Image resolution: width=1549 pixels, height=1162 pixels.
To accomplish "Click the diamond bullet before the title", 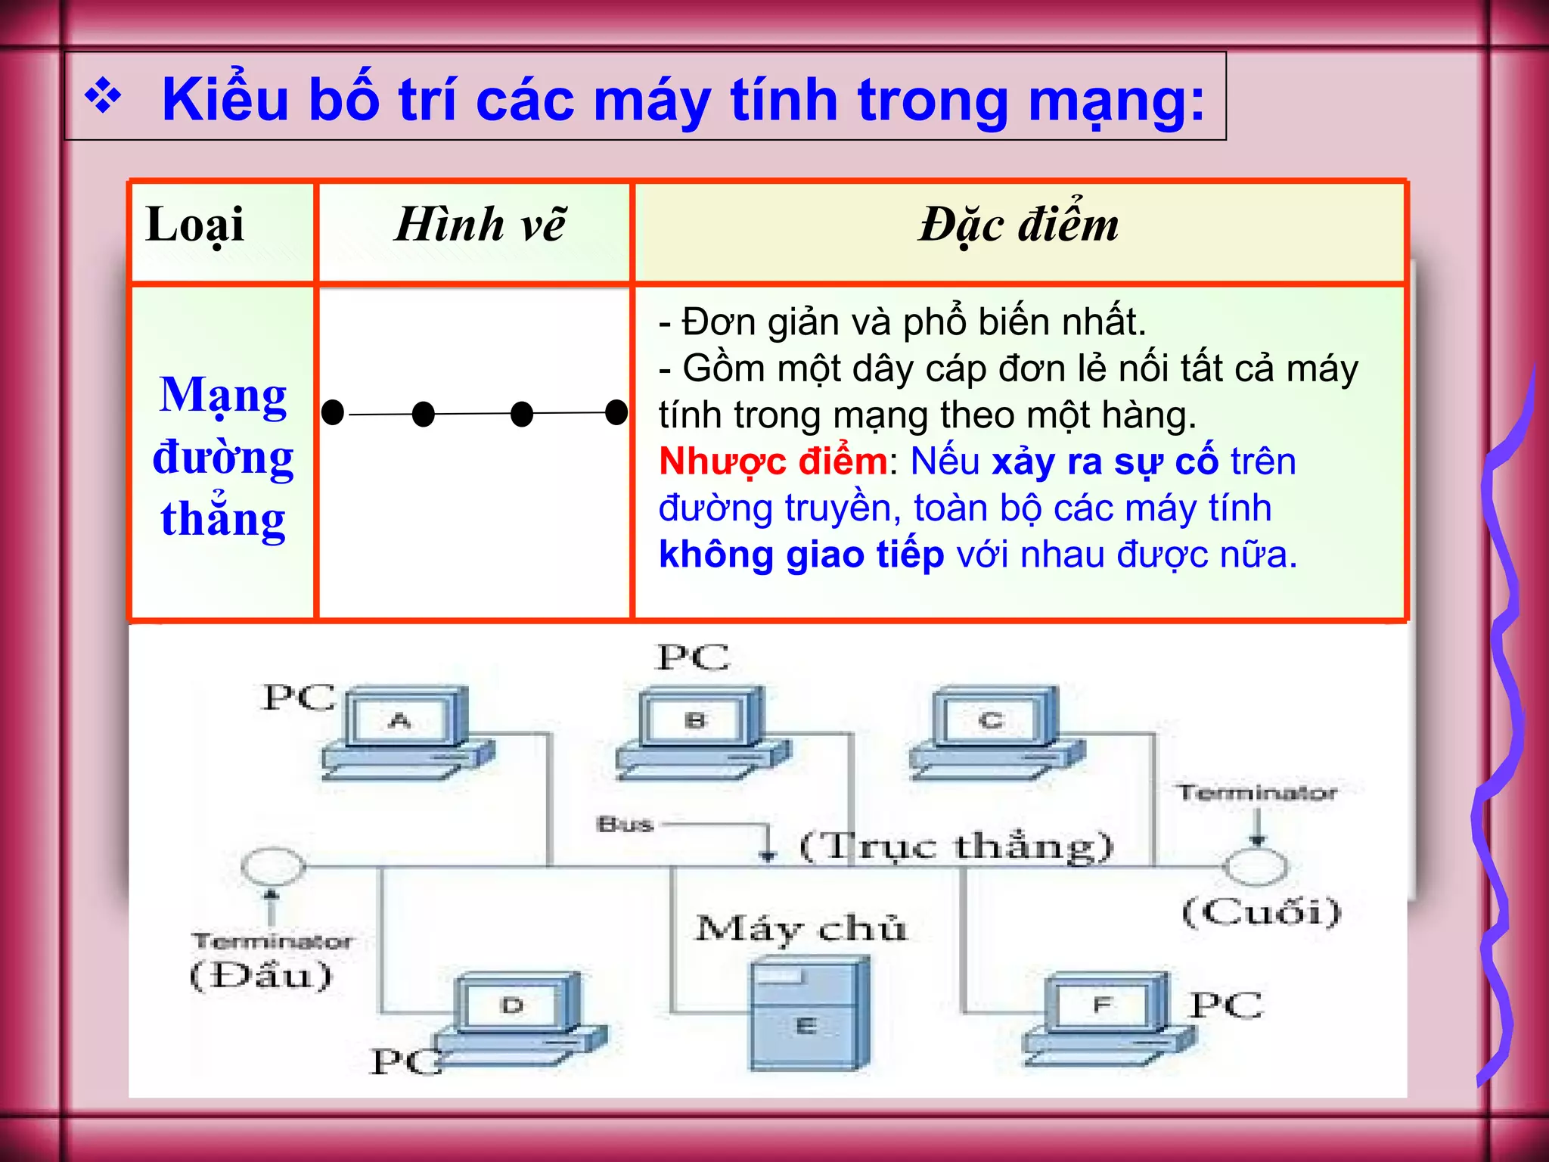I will (x=103, y=98).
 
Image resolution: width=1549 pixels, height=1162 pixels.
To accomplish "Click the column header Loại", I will (x=195, y=225).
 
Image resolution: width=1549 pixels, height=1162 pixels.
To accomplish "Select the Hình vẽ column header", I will (x=480, y=225).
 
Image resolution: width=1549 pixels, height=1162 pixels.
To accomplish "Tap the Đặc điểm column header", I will (x=1018, y=225).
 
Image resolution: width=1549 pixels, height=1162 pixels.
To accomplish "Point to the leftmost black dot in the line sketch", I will (x=333, y=412).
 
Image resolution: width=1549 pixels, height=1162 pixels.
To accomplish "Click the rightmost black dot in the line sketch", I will (x=617, y=412).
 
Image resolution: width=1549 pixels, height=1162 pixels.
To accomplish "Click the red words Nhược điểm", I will (x=772, y=461).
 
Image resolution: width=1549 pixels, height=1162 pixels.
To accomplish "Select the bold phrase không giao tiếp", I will (x=801, y=555).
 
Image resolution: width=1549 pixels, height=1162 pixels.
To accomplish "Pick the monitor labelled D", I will (x=513, y=1005).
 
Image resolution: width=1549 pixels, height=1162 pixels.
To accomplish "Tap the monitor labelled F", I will (x=1102, y=1005).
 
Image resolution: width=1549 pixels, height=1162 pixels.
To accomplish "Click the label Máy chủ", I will (x=800, y=928).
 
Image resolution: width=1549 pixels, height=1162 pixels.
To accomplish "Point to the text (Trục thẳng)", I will (x=956, y=847).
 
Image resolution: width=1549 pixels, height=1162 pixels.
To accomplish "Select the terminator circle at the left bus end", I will (x=273, y=866).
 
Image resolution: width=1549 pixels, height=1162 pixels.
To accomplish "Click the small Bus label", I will (x=625, y=824).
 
